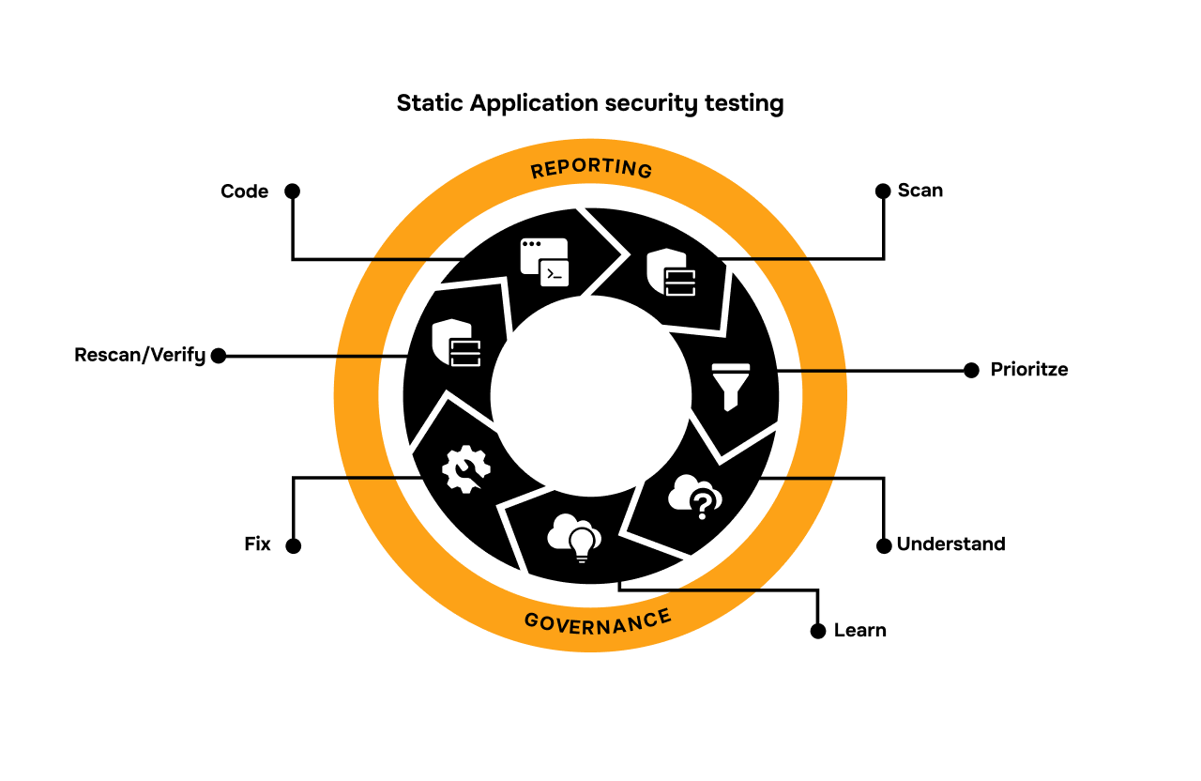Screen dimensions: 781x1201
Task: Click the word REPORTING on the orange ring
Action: (x=591, y=169)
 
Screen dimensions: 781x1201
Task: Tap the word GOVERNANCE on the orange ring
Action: (x=598, y=621)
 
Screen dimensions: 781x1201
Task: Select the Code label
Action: (x=244, y=191)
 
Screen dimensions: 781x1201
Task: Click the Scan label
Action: (x=920, y=191)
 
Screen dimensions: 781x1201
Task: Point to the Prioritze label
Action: (x=1029, y=370)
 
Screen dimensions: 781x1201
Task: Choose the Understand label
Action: (x=950, y=544)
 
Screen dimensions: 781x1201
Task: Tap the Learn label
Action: (x=859, y=631)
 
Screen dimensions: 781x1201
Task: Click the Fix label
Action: (x=257, y=544)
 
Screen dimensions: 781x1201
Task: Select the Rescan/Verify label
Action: (x=140, y=356)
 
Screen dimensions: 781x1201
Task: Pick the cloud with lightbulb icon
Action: (x=575, y=538)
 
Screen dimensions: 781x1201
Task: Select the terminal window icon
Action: (x=545, y=261)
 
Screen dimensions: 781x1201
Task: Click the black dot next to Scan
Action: (x=882, y=191)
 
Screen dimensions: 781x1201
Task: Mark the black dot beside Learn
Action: (x=818, y=631)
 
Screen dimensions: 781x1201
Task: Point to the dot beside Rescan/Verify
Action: (x=219, y=356)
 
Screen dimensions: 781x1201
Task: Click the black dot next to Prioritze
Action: (x=971, y=370)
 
